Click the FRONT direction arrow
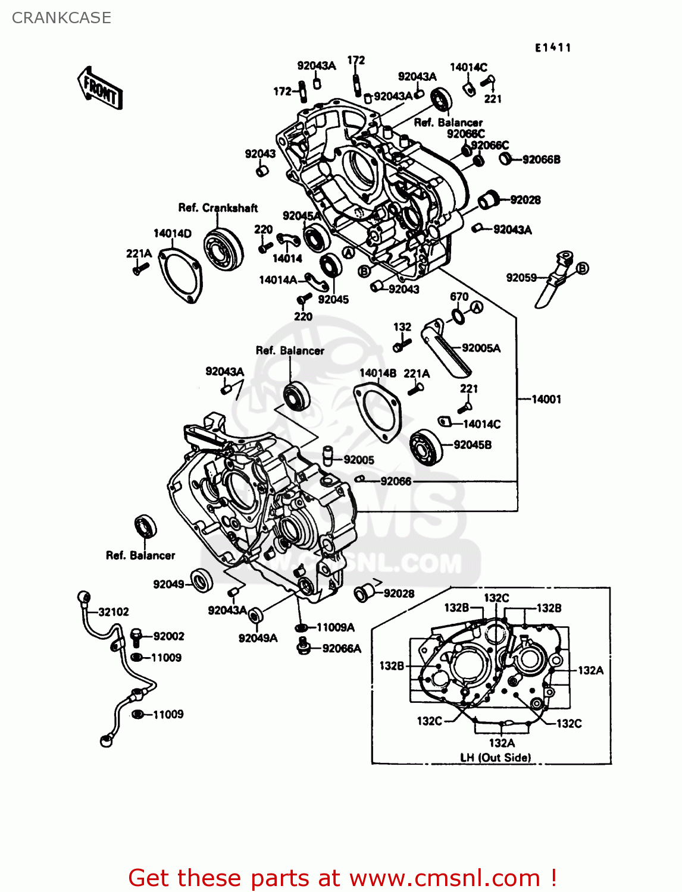click(99, 88)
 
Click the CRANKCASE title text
click(61, 18)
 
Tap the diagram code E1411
click(553, 48)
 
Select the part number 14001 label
click(546, 399)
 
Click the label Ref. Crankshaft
click(218, 208)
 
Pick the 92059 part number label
click(521, 277)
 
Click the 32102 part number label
click(113, 611)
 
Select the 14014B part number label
click(378, 373)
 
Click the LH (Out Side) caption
click(495, 757)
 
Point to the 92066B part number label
click(541, 159)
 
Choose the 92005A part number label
click(481, 348)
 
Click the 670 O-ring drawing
click(458, 316)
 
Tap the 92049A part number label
click(258, 638)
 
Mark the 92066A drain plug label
click(342, 648)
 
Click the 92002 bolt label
click(168, 636)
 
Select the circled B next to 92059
click(582, 268)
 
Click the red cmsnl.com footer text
click(342, 878)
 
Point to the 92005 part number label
click(358, 460)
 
